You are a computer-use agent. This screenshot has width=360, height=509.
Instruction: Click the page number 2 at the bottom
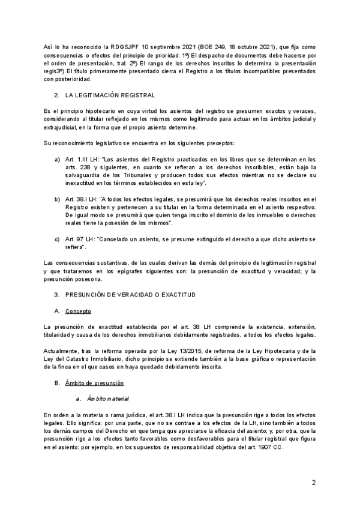[314, 483]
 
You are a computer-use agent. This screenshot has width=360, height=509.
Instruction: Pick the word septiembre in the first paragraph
[150, 46]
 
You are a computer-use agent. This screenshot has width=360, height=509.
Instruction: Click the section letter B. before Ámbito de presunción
[57, 382]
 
